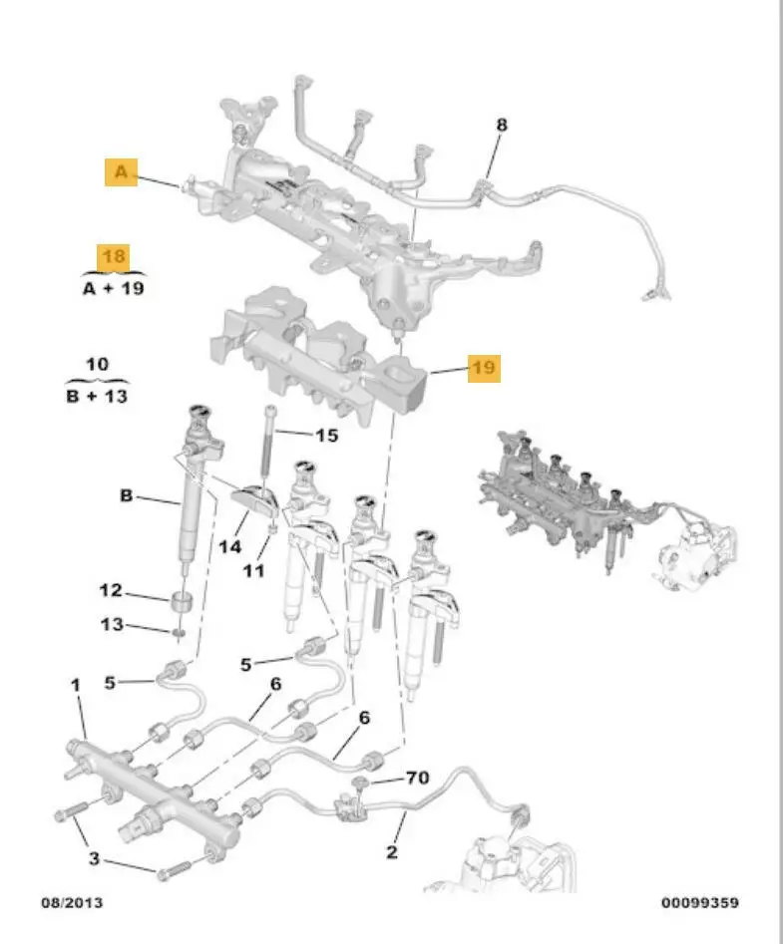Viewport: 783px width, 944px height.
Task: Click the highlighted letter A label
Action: pyautogui.click(x=121, y=173)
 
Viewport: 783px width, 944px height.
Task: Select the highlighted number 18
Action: pyautogui.click(x=115, y=257)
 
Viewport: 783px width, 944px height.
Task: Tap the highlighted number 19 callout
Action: pyautogui.click(x=483, y=369)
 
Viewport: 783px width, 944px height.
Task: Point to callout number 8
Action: pyautogui.click(x=502, y=125)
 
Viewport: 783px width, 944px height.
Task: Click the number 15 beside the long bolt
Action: pyautogui.click(x=326, y=436)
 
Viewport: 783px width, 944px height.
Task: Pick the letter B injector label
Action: pyautogui.click(x=127, y=494)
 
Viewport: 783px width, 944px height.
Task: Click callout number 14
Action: pyautogui.click(x=230, y=547)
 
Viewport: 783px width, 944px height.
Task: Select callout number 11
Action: pyautogui.click(x=254, y=571)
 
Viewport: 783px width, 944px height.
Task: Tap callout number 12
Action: pyautogui.click(x=111, y=591)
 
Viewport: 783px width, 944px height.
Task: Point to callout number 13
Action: pyautogui.click(x=111, y=625)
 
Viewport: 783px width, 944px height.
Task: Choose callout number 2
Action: pyautogui.click(x=392, y=851)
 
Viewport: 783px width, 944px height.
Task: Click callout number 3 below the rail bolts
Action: pyautogui.click(x=92, y=858)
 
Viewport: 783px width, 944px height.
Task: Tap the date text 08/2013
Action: pyautogui.click(x=71, y=903)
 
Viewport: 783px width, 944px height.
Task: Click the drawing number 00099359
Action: pyautogui.click(x=700, y=903)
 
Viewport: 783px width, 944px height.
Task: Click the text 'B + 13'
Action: pyautogui.click(x=97, y=397)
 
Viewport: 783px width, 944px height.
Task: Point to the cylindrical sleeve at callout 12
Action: pyautogui.click(x=181, y=603)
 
